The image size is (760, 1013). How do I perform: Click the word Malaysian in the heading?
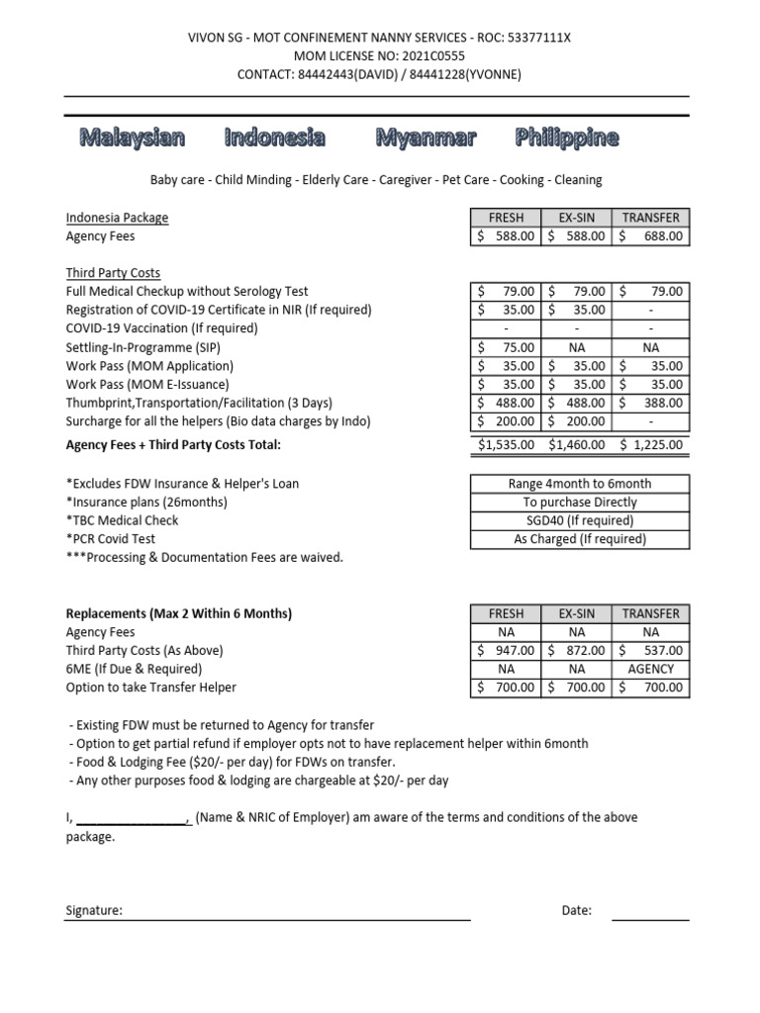(x=132, y=138)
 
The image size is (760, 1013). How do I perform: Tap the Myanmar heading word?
(x=426, y=138)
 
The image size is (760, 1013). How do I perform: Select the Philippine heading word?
(x=567, y=138)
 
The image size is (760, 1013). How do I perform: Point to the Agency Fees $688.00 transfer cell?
(x=652, y=236)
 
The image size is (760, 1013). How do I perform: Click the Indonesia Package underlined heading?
(x=117, y=218)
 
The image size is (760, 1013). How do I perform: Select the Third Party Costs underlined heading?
(x=113, y=273)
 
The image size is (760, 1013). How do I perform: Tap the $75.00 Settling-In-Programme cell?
(x=506, y=347)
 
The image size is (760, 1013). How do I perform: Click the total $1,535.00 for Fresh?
(x=506, y=445)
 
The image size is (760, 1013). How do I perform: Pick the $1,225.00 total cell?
(x=652, y=445)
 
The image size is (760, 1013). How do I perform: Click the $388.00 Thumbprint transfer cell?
(x=652, y=403)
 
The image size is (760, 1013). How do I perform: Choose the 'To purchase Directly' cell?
(x=579, y=503)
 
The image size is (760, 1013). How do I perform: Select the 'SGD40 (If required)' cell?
(x=579, y=520)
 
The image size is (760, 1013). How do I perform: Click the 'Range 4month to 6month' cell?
(x=579, y=484)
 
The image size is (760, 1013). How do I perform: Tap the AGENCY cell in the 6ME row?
(x=652, y=669)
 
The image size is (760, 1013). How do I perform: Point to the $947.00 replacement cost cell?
(x=506, y=651)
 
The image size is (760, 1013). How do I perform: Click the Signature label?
(x=94, y=911)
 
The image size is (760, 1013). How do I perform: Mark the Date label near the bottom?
(x=576, y=911)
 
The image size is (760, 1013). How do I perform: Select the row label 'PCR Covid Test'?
(x=110, y=539)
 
